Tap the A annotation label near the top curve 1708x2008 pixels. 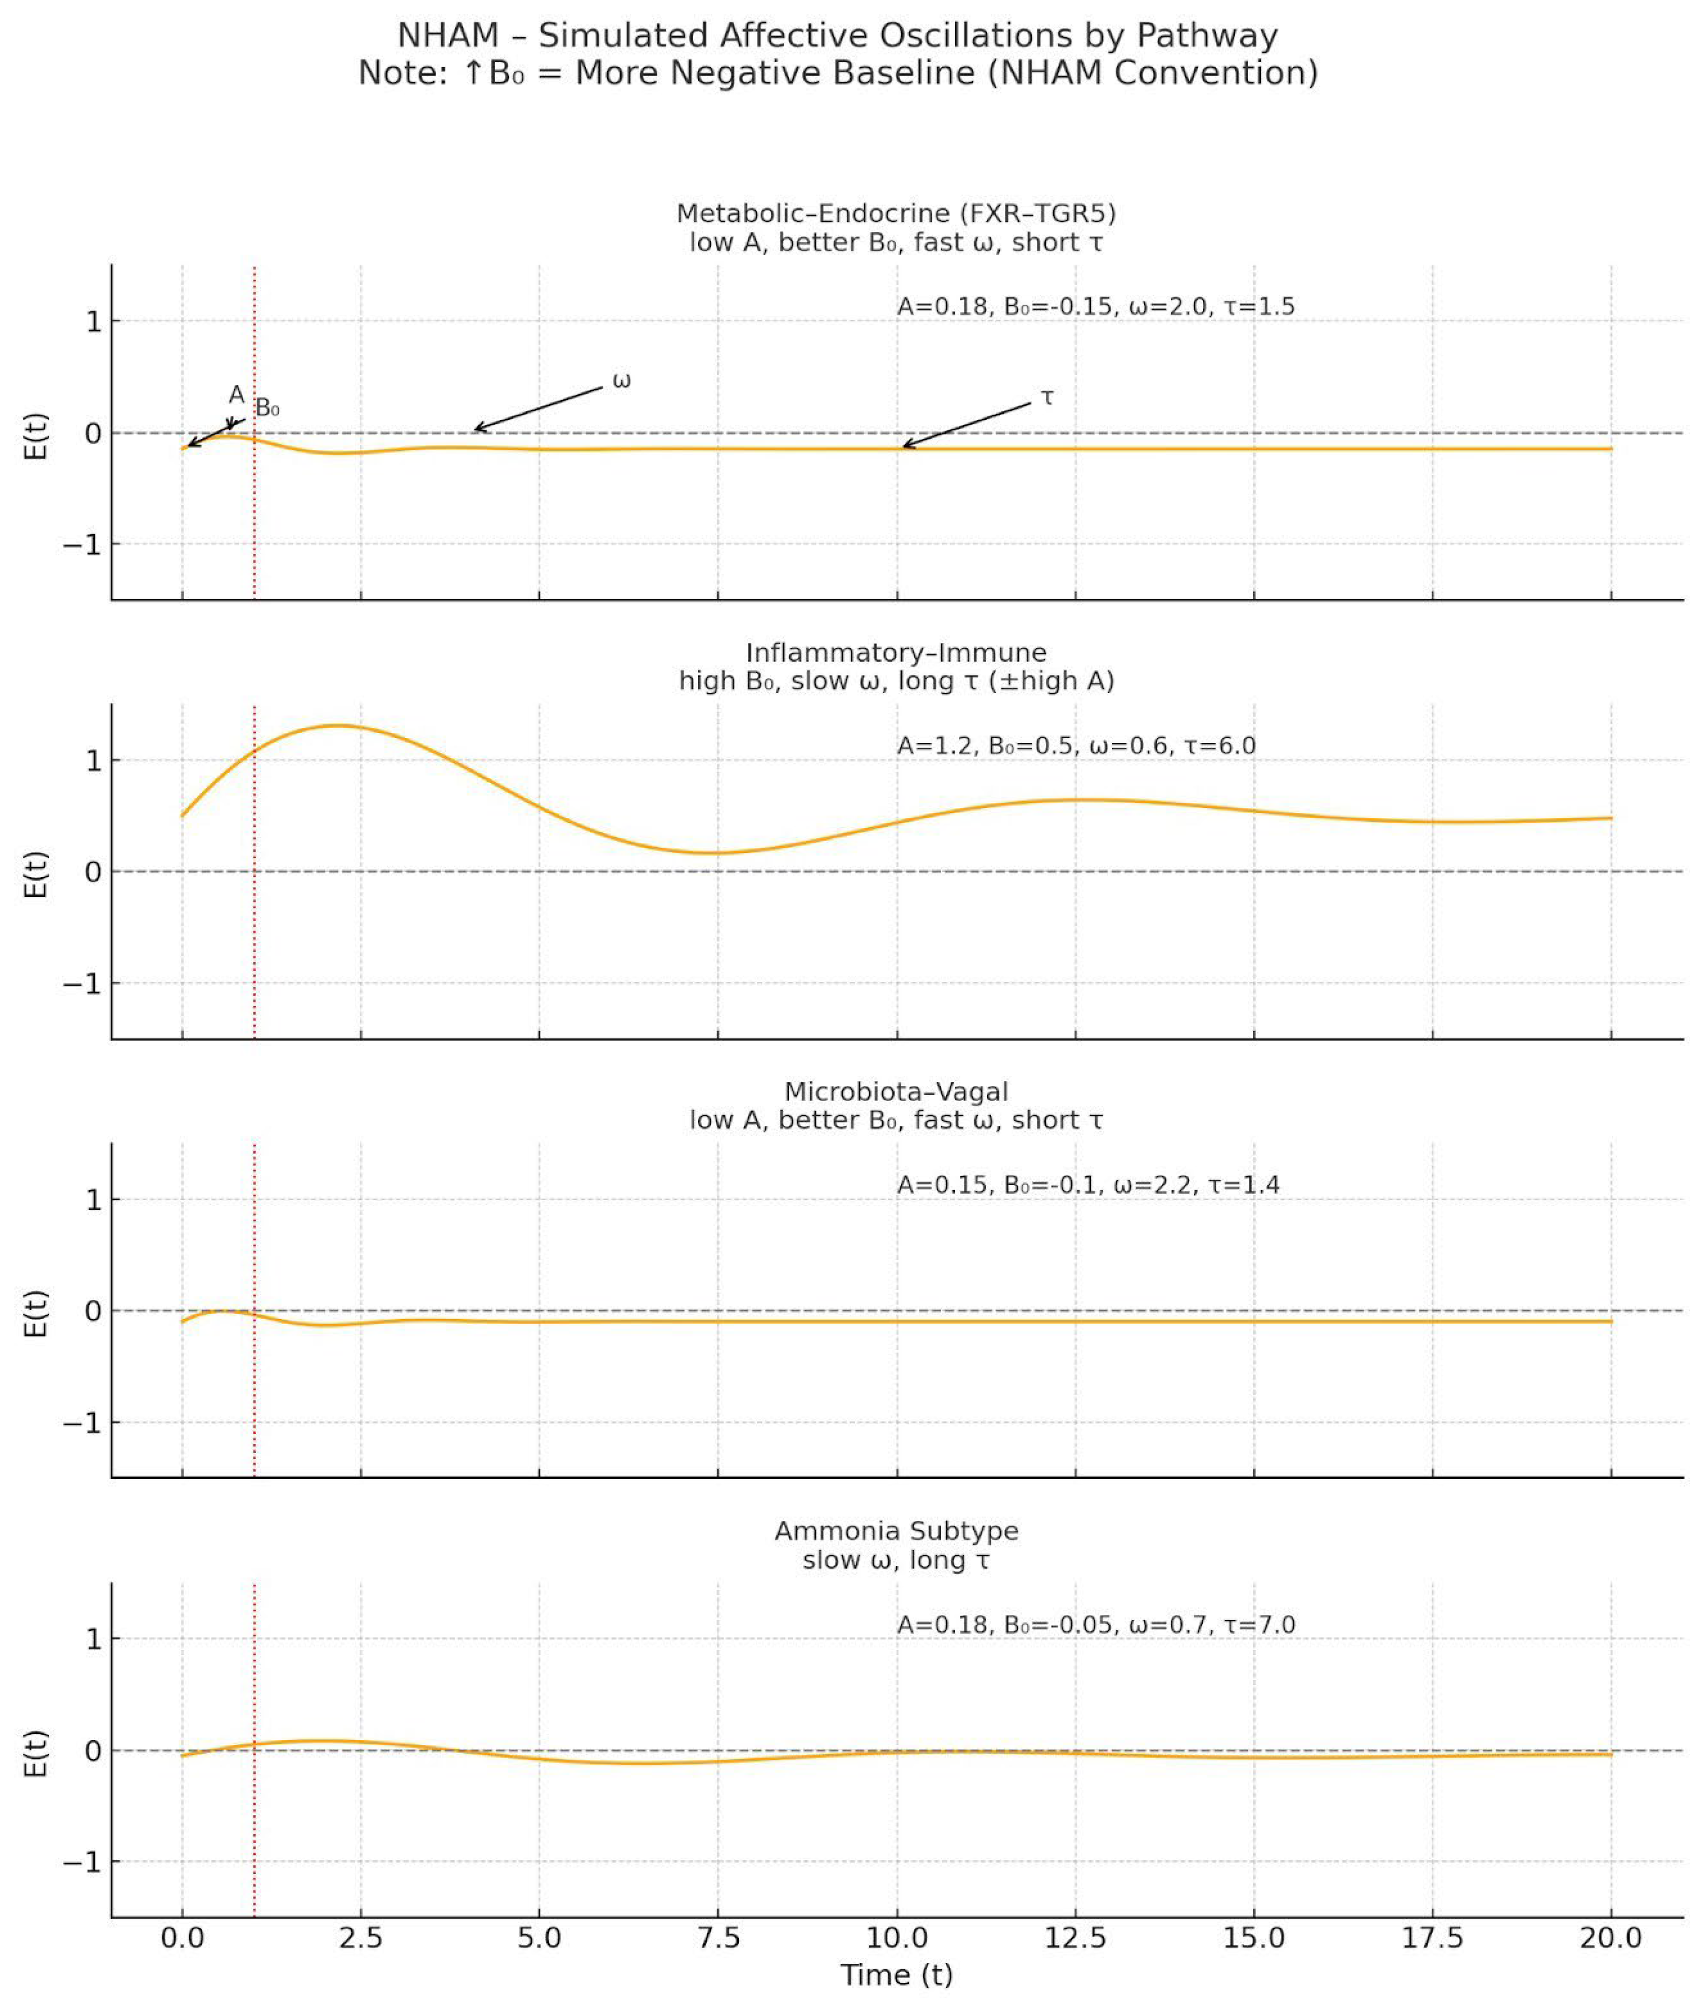click(236, 394)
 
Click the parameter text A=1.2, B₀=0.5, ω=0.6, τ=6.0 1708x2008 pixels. click(1076, 746)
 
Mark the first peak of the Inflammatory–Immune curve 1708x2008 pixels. click(338, 725)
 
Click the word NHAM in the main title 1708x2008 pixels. click(447, 36)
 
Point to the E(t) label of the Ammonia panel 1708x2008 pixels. click(35, 1752)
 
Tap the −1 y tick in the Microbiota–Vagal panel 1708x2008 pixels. click(82, 1422)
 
